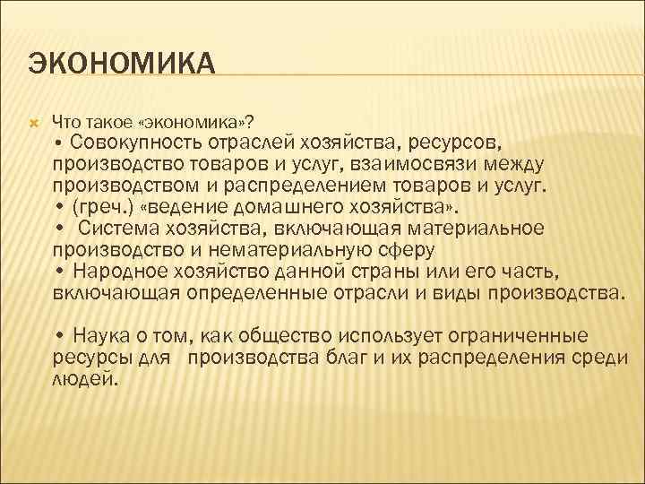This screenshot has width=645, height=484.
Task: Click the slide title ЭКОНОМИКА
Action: pos(122,65)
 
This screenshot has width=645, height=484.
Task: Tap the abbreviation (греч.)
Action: pos(103,208)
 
